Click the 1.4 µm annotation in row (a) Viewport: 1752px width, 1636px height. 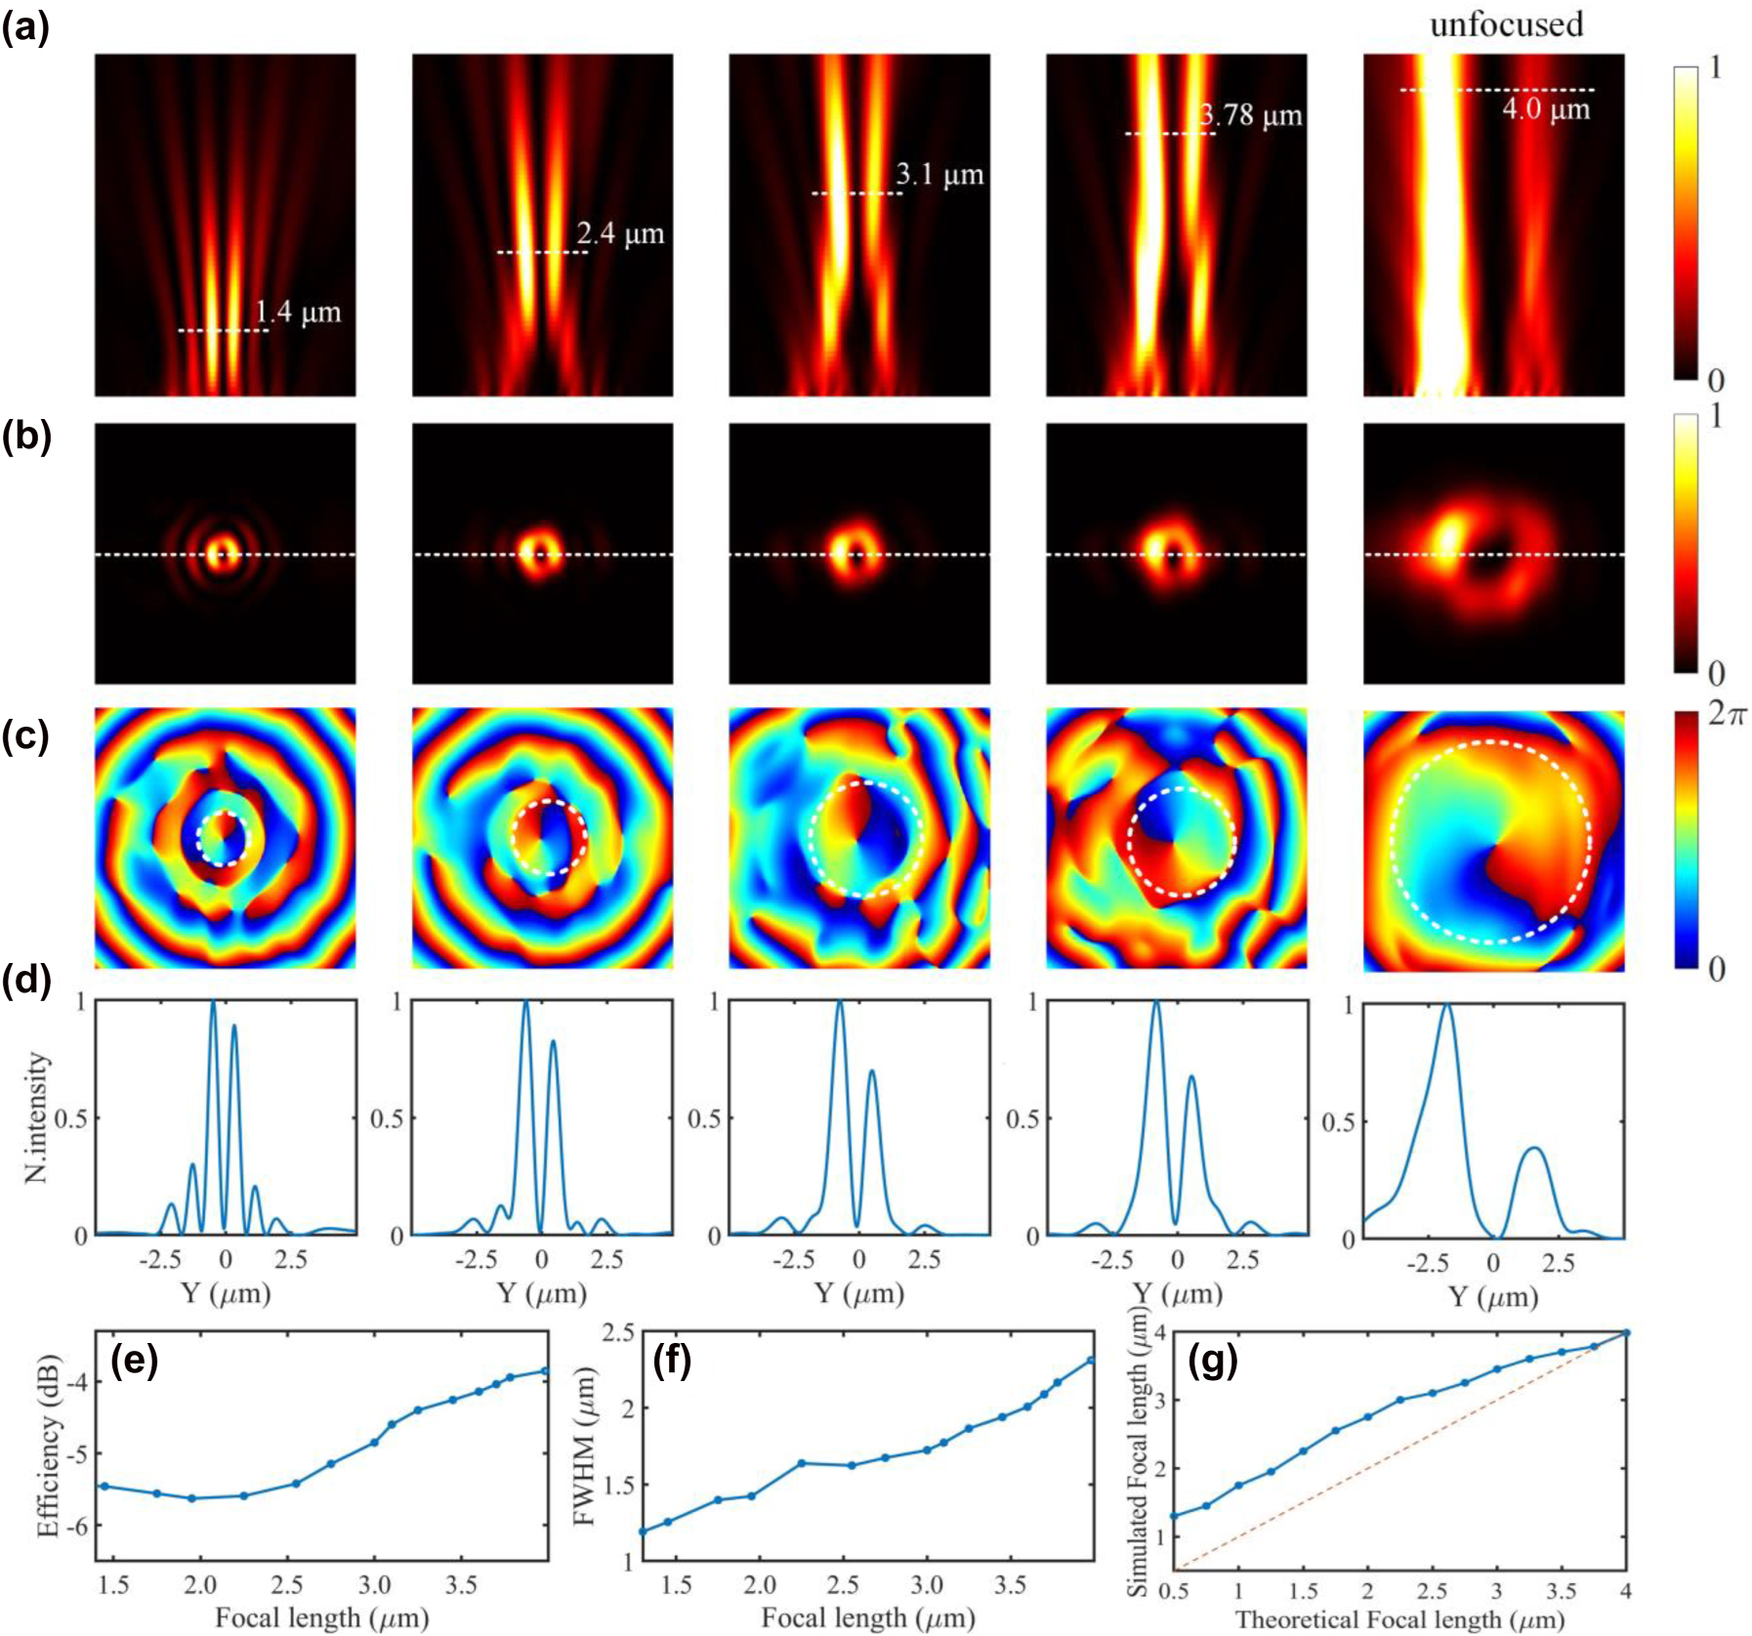click(x=298, y=313)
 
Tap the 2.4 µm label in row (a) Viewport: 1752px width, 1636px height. click(x=620, y=234)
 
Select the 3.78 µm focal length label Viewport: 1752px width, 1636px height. click(x=1251, y=115)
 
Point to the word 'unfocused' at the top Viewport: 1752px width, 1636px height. click(x=1506, y=24)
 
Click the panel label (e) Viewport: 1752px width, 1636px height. click(x=135, y=1360)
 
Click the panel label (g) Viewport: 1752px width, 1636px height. click(x=1212, y=1360)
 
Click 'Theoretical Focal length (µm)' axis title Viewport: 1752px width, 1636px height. click(x=1398, y=1619)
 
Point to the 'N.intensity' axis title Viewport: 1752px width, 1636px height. click(x=37, y=1116)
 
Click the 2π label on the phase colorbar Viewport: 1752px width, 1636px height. click(x=1728, y=715)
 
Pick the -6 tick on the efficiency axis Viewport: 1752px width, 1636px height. click(x=77, y=1526)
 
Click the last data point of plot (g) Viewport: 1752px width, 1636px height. click(x=1626, y=1332)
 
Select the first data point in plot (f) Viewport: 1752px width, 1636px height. click(x=643, y=1531)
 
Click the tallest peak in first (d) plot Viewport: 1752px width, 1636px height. click(x=214, y=1003)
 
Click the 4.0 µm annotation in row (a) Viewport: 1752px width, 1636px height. click(x=1545, y=108)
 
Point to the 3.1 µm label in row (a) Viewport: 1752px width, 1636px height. click(x=939, y=176)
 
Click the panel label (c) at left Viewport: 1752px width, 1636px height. click(x=25, y=734)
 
